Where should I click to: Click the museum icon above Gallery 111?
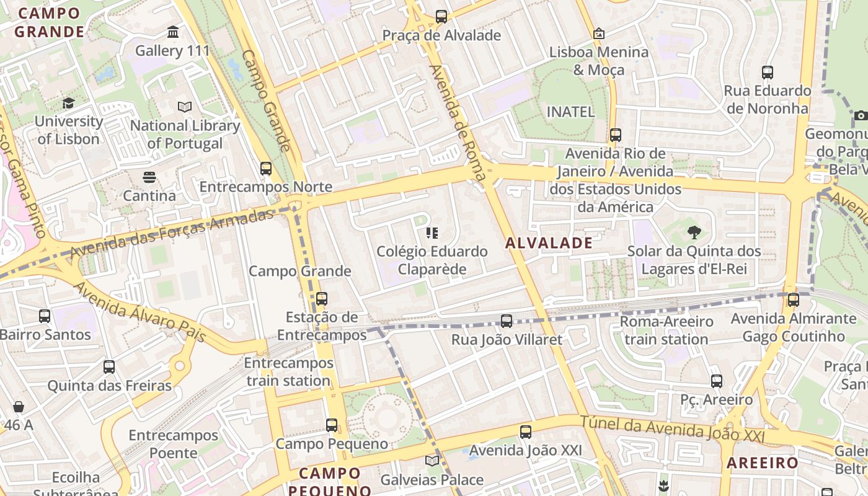[x=173, y=32]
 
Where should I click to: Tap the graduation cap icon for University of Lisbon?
[x=68, y=103]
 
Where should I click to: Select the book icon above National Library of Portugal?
[x=185, y=107]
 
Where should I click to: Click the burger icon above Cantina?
[x=149, y=177]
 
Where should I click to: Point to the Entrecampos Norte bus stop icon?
[x=266, y=168]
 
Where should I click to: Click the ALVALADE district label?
[x=549, y=243]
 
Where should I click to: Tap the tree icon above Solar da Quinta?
[x=694, y=233]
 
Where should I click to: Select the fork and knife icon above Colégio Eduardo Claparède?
[x=432, y=234]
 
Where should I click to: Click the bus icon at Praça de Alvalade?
[x=441, y=17]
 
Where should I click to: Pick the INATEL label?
[x=570, y=112]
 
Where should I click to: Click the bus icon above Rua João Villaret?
[x=507, y=321]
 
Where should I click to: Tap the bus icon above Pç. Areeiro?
[x=717, y=381]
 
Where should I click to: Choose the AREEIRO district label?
[x=763, y=463]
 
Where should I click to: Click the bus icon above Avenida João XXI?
[x=526, y=432]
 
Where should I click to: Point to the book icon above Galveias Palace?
[x=432, y=461]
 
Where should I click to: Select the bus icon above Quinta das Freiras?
[x=109, y=367]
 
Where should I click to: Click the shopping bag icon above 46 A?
[x=19, y=407]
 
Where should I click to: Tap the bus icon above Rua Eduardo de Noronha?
[x=768, y=73]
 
